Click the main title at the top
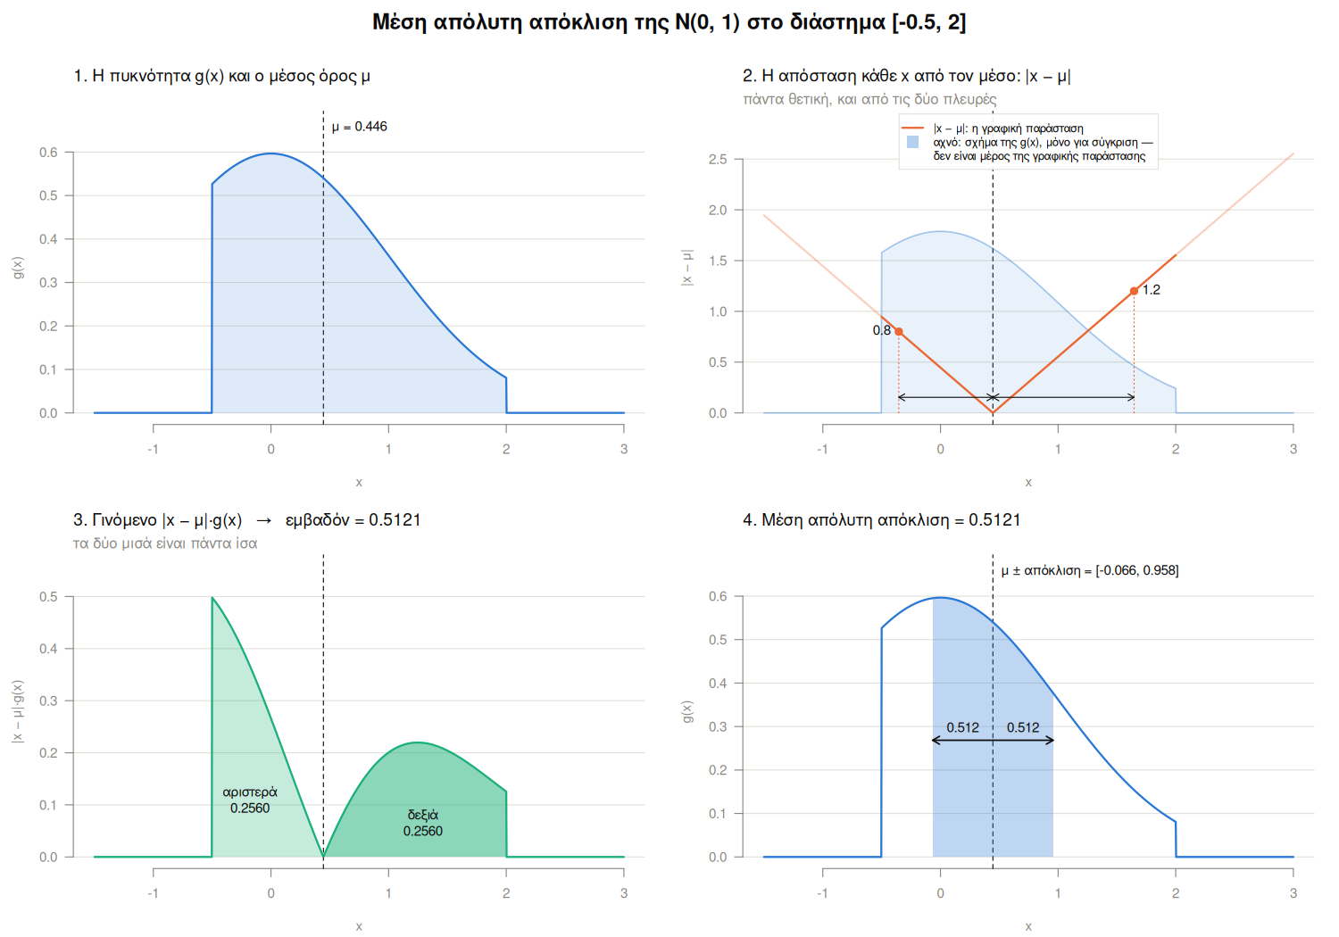click(669, 22)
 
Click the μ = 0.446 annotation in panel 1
click(359, 127)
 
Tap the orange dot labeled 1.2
click(1134, 291)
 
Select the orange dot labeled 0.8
click(898, 331)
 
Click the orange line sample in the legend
click(913, 129)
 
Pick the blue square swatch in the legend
click(913, 142)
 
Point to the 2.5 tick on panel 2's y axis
click(718, 160)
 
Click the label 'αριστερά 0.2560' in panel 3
click(250, 800)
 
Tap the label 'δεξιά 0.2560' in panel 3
click(422, 823)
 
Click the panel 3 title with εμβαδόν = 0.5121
click(247, 520)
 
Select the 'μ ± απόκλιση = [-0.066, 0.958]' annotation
click(1090, 571)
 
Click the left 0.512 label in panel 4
click(962, 727)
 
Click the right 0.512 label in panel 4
click(1023, 727)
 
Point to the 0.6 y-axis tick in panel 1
click(48, 153)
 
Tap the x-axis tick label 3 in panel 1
click(624, 450)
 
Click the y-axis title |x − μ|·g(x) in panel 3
click(18, 711)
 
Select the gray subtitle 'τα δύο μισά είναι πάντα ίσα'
click(165, 543)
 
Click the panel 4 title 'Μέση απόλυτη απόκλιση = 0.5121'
click(881, 520)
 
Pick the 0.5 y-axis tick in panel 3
click(48, 597)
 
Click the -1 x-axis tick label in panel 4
click(822, 893)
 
